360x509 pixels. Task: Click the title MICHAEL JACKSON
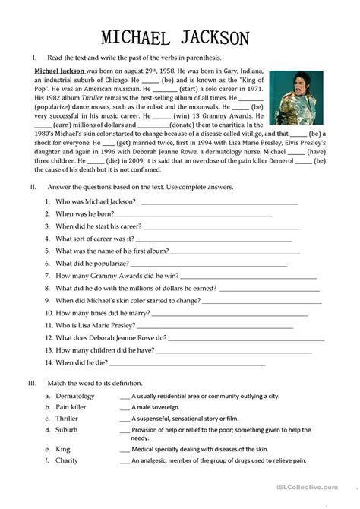tap(180, 37)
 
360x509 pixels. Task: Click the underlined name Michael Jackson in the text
tap(60, 69)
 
